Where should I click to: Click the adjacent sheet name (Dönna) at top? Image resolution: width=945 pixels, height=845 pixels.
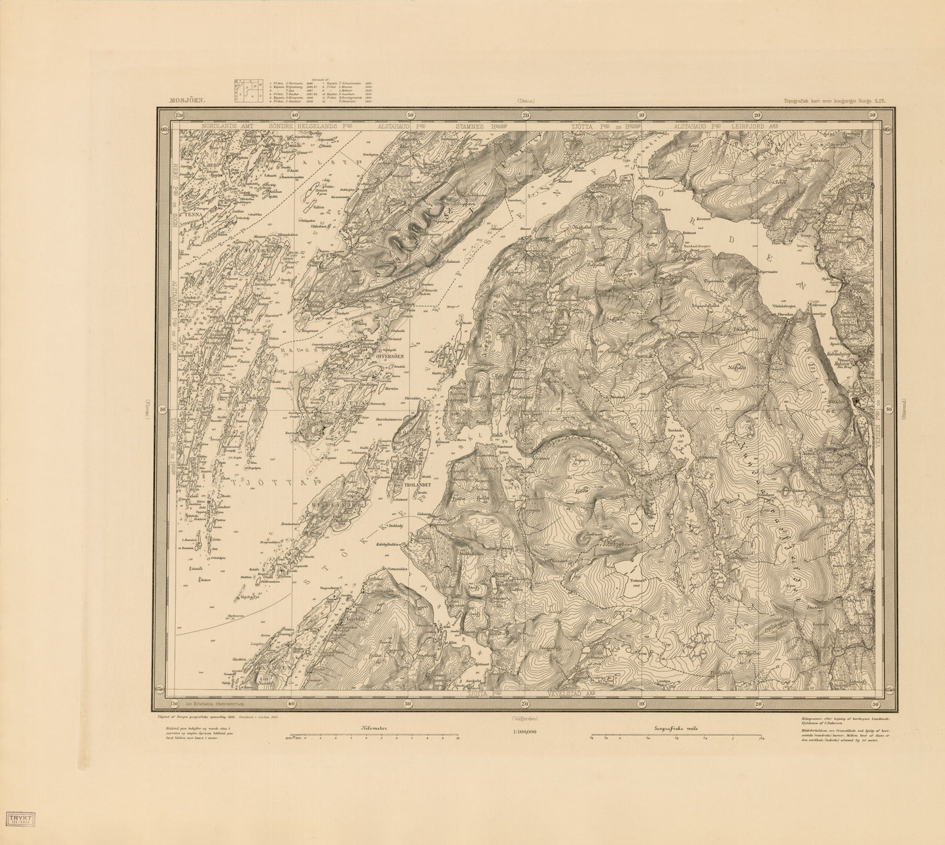(x=524, y=101)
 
